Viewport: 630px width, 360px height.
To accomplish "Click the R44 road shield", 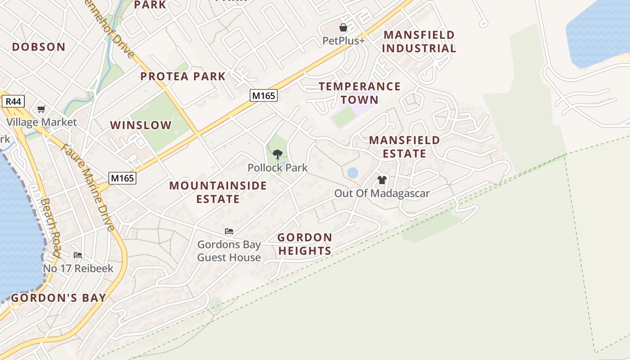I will pyautogui.click(x=13, y=102).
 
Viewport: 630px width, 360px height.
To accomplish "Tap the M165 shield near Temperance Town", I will pyautogui.click(x=264, y=95).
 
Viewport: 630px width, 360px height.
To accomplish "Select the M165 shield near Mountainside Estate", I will pyautogui.click(x=122, y=178).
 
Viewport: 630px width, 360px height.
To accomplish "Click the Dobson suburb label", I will pyautogui.click(x=39, y=47).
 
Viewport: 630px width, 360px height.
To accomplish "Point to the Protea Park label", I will pyautogui.click(x=183, y=76).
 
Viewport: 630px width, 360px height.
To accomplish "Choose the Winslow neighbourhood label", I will pyautogui.click(x=141, y=125).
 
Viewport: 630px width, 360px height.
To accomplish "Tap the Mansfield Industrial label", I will pyautogui.click(x=419, y=41).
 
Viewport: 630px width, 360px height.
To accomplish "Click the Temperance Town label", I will pyautogui.click(x=360, y=93).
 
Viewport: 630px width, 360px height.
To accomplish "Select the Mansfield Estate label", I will pyautogui.click(x=405, y=147).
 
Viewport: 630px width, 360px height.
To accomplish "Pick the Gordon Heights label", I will pyautogui.click(x=305, y=244).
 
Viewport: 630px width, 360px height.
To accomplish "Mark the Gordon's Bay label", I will pyautogui.click(x=58, y=298).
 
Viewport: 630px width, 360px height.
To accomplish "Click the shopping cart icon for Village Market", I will pyautogui.click(x=41, y=109).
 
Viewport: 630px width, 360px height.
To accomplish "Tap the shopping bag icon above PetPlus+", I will pyautogui.click(x=343, y=28).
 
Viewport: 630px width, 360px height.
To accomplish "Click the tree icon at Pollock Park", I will pyautogui.click(x=278, y=154).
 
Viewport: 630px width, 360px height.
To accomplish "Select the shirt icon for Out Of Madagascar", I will pyautogui.click(x=382, y=180).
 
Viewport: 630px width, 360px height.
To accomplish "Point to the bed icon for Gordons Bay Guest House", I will pyautogui.click(x=229, y=232).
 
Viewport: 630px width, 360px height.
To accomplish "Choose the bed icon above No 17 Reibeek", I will pyautogui.click(x=78, y=255).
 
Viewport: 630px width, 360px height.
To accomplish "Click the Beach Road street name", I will pyautogui.click(x=49, y=227).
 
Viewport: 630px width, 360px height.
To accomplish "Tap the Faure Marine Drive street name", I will pyautogui.click(x=88, y=187).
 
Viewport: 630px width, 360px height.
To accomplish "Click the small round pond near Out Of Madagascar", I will pyautogui.click(x=353, y=172).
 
